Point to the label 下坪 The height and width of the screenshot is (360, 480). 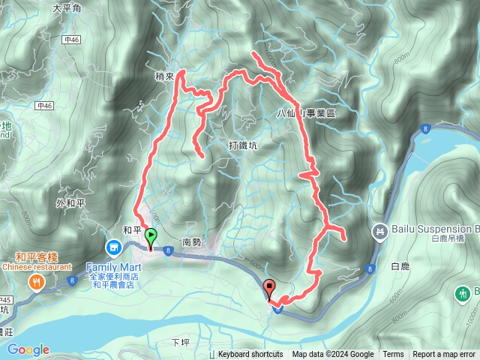181,342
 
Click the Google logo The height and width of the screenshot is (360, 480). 28,349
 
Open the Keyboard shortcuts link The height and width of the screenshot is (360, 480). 250,355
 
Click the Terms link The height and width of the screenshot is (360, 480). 393,355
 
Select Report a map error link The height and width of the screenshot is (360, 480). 445,355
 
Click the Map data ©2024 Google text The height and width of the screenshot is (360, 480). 333,355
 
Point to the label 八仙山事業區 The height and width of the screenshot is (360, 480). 306,112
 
